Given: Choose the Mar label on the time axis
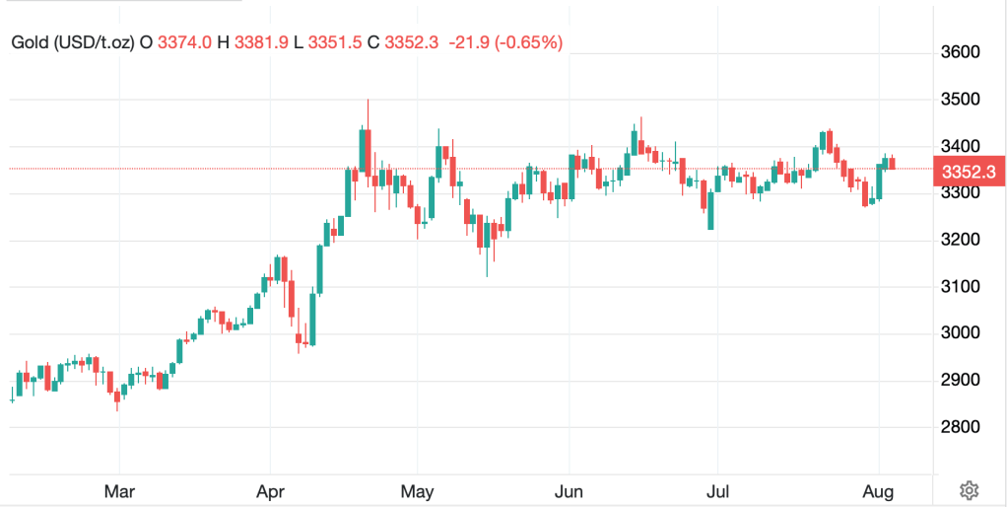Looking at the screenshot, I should pyautogui.click(x=119, y=489).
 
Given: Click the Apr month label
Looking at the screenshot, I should pyautogui.click(x=269, y=489).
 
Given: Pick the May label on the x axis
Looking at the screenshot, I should pyautogui.click(x=418, y=489).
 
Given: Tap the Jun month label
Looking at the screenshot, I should pyautogui.click(x=569, y=489).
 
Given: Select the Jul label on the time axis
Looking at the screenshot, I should pyautogui.click(x=716, y=489).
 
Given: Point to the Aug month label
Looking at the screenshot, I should pyautogui.click(x=880, y=489).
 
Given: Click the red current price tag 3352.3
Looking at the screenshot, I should pyautogui.click(x=969, y=171).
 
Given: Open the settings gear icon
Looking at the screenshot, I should pyautogui.click(x=969, y=490).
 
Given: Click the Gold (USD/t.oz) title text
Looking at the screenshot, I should pyautogui.click(x=72, y=42).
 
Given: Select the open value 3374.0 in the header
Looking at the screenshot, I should pyautogui.click(x=177, y=42).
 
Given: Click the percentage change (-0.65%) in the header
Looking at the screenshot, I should pyautogui.click(x=528, y=42).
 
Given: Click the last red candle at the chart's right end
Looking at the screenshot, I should pyautogui.click(x=892, y=163).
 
